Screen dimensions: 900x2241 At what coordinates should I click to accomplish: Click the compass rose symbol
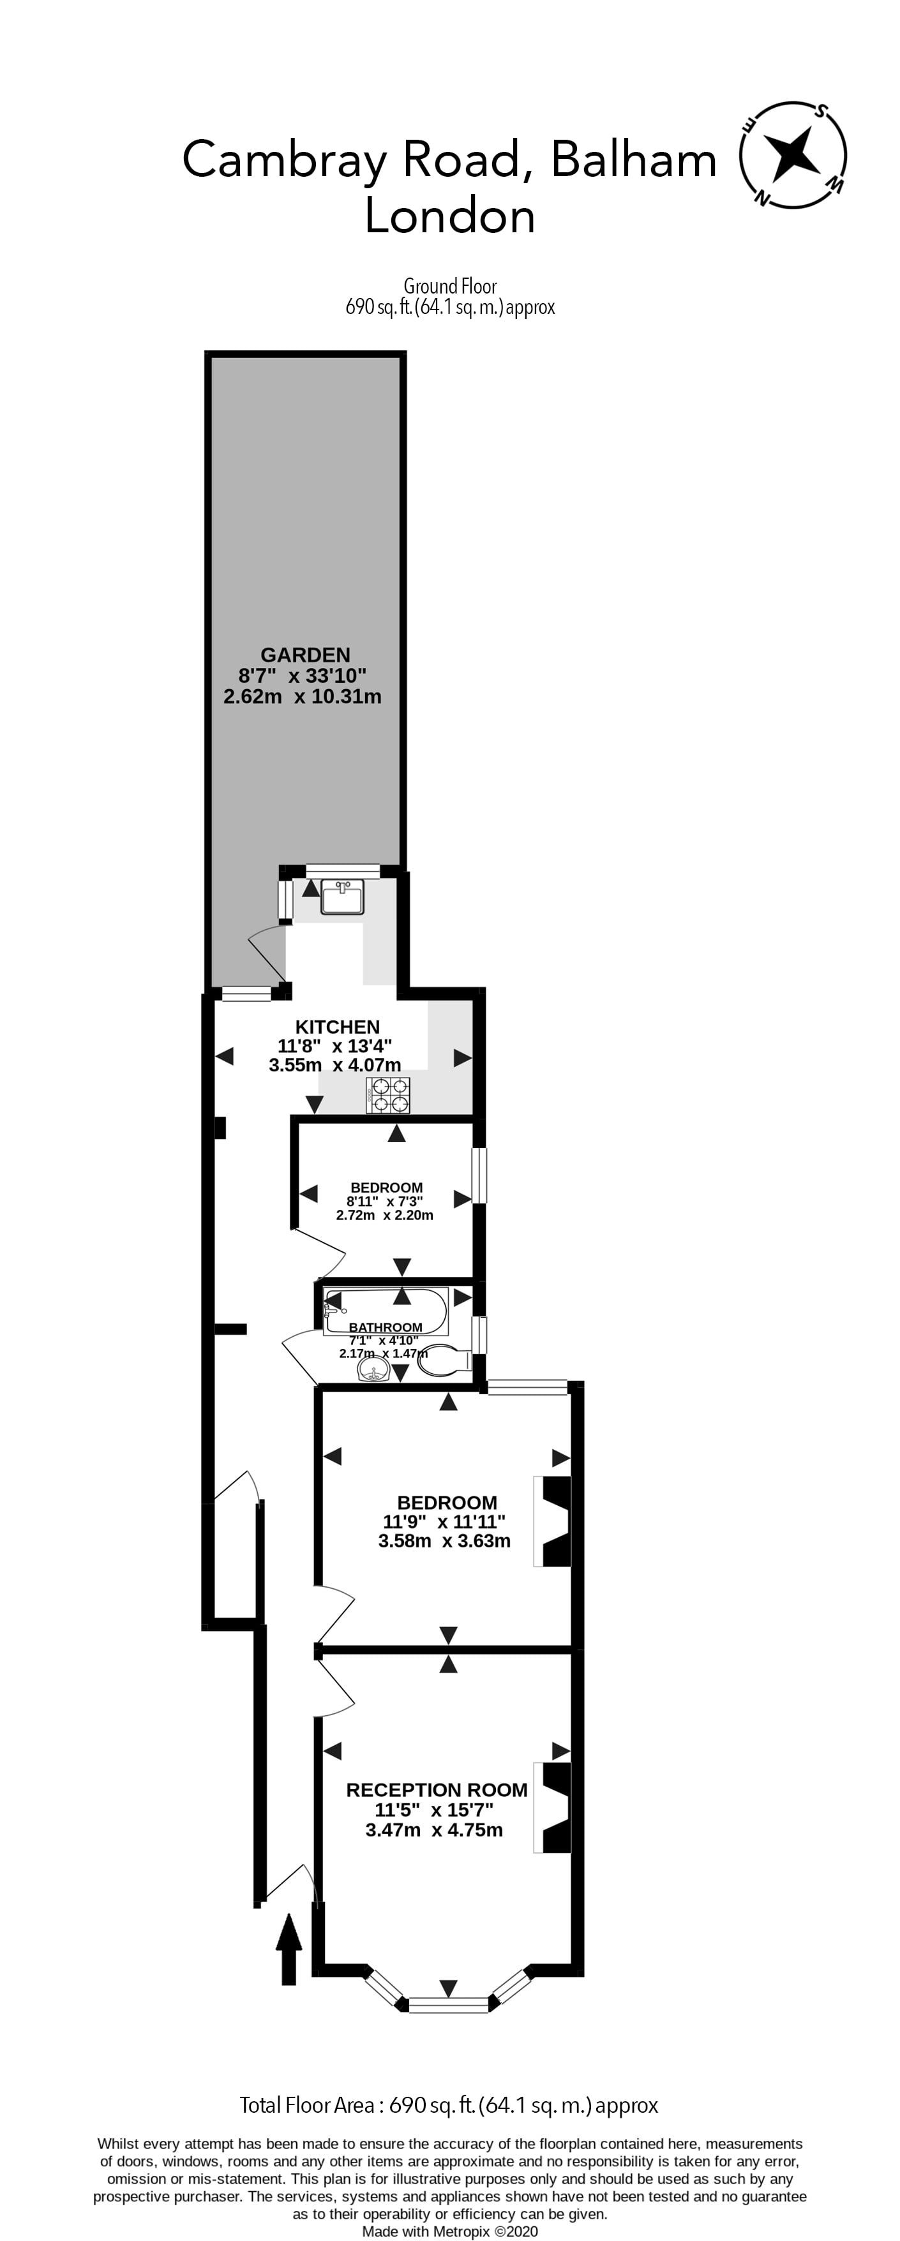click(792, 156)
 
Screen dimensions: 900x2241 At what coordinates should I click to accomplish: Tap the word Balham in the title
click(634, 160)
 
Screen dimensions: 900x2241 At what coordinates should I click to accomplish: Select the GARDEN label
click(306, 655)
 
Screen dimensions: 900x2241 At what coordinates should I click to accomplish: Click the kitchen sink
click(343, 897)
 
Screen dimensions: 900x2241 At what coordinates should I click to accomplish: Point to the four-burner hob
click(389, 1094)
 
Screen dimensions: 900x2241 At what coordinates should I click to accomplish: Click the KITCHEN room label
click(338, 1027)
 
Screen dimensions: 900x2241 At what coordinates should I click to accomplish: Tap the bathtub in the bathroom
click(386, 1311)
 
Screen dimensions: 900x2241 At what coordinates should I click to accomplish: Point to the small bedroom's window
click(479, 1175)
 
